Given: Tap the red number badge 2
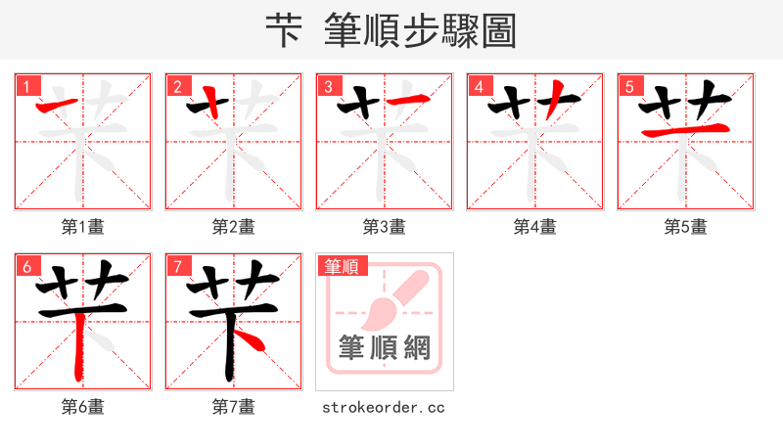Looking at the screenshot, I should click(x=177, y=86).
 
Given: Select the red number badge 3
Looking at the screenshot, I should click(x=328, y=86).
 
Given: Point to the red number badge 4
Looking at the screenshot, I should click(x=479, y=86).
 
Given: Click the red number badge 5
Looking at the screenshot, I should click(x=629, y=86).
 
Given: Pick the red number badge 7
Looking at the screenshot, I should click(x=177, y=266).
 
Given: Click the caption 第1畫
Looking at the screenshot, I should click(x=83, y=227).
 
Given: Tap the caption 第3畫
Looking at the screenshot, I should click(x=385, y=227).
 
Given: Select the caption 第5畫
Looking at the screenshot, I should click(x=685, y=227).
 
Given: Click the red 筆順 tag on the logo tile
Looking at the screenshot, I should click(x=341, y=266).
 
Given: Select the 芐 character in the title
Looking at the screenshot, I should click(x=283, y=32).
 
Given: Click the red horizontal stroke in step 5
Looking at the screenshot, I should click(x=685, y=130).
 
